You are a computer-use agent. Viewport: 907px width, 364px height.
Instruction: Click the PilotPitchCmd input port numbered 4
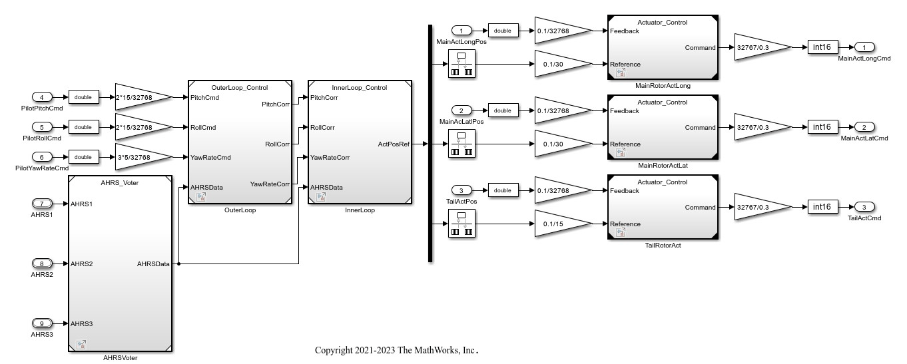pyautogui.click(x=41, y=97)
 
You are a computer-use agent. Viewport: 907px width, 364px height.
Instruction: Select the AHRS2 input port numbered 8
pyautogui.click(x=41, y=264)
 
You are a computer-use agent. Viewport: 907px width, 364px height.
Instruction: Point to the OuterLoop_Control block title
pyautogui.click(x=240, y=87)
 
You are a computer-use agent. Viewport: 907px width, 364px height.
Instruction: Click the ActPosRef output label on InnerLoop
pyautogui.click(x=394, y=144)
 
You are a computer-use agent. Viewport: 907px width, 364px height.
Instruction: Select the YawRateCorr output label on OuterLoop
pyautogui.click(x=270, y=184)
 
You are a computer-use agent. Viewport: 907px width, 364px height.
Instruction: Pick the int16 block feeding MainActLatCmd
pyautogui.click(x=823, y=127)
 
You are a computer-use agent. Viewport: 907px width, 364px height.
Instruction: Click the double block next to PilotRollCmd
pyautogui.click(x=83, y=127)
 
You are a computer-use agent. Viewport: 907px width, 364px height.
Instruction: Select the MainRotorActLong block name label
pyautogui.click(x=663, y=85)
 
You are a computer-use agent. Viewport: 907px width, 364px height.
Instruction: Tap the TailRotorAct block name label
pyautogui.click(x=663, y=245)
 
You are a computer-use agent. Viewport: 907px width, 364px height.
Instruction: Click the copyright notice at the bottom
pyautogui.click(x=397, y=350)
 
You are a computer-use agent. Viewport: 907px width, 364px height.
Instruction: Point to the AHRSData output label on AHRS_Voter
pyautogui.click(x=153, y=264)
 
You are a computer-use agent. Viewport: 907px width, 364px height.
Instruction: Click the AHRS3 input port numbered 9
pyautogui.click(x=41, y=323)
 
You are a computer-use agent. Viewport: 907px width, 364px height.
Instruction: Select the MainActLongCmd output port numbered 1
pyautogui.click(x=864, y=47)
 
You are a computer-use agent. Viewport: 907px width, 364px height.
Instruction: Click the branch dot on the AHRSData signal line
pyautogui.click(x=178, y=264)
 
